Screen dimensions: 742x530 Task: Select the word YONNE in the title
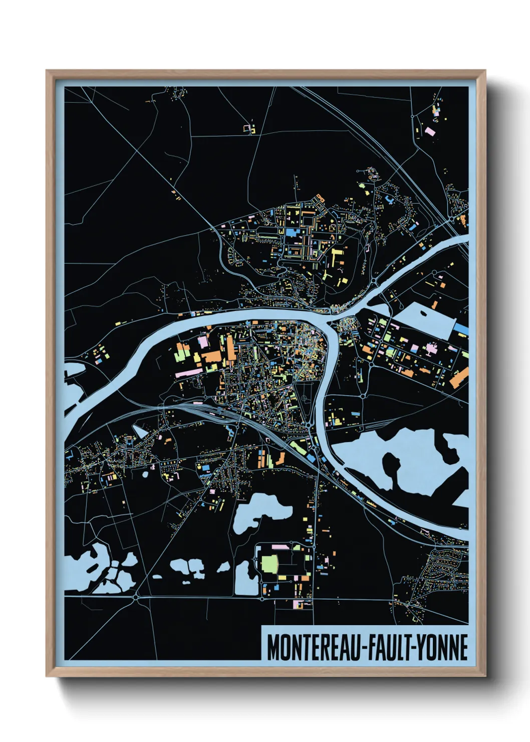point(442,647)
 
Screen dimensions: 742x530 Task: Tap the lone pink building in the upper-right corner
point(430,131)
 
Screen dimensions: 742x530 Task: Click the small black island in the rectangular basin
point(424,314)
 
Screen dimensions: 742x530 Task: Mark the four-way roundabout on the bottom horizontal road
point(136,597)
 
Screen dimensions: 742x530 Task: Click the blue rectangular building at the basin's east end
point(461,328)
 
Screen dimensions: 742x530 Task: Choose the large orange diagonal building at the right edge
point(458,378)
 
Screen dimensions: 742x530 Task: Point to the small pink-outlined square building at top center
point(246,128)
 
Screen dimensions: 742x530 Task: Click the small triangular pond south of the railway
point(141,430)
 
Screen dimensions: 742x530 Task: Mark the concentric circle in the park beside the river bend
point(304,399)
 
